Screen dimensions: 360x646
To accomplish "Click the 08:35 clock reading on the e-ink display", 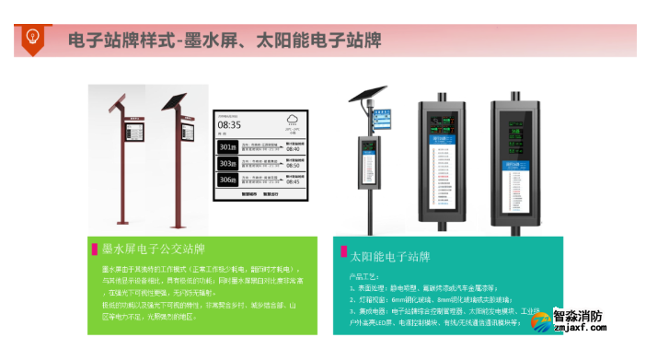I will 230,123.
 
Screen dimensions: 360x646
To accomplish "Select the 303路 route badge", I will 227,163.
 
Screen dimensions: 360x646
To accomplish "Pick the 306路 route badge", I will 227,180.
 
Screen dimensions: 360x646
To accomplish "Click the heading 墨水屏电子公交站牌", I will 153,249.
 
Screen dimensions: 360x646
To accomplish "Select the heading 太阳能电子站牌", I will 393,255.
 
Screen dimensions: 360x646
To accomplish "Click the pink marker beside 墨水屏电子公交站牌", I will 95,249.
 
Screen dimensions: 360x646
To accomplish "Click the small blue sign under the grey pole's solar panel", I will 380,117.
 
